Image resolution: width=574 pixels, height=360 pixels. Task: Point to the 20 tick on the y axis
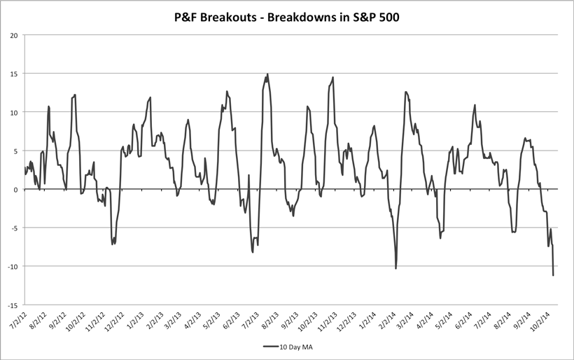(14, 35)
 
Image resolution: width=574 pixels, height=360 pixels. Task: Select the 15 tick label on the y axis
(14, 74)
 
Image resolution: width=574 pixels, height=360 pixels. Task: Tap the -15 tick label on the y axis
(13, 305)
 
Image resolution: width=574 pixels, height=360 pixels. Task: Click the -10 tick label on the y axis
(13, 266)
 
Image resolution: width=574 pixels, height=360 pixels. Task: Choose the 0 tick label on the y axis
(16, 189)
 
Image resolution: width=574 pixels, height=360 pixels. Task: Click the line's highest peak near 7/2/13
(267, 74)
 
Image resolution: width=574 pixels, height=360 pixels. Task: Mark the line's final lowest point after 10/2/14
(553, 275)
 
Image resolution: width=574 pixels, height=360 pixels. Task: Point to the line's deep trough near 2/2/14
(396, 268)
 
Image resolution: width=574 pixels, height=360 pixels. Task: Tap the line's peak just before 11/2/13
(333, 77)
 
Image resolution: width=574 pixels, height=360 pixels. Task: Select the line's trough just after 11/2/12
(112, 244)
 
